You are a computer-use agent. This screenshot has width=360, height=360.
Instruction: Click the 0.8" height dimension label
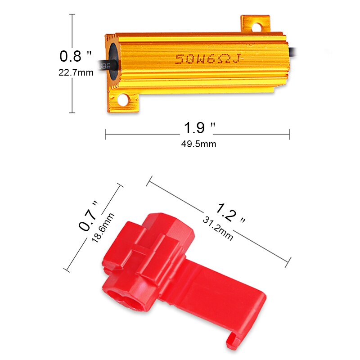[x=76, y=56]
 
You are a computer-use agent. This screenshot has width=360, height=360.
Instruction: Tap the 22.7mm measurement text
[x=76, y=72]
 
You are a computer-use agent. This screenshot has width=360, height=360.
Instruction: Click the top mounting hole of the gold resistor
[x=256, y=27]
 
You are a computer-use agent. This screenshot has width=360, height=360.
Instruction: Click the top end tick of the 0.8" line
[x=72, y=14]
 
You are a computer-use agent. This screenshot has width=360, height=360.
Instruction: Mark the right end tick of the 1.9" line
[x=289, y=134]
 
